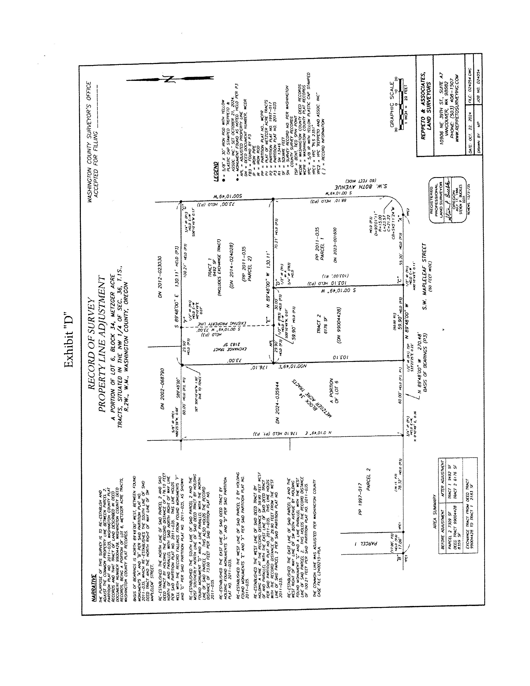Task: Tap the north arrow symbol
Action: click(x=170, y=79)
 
